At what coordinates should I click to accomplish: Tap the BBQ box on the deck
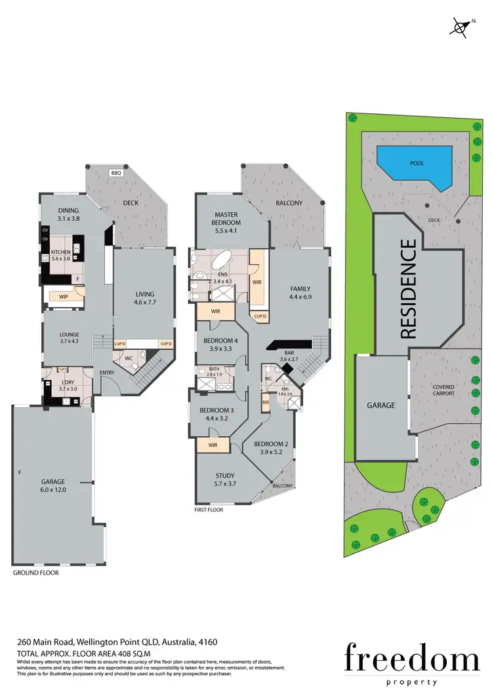[117, 173]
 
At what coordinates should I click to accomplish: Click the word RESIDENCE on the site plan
[407, 289]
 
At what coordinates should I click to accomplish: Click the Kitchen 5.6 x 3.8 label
[60, 255]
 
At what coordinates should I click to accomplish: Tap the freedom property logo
[412, 661]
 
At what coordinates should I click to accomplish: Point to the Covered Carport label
[443, 390]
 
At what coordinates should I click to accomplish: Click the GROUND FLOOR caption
[35, 573]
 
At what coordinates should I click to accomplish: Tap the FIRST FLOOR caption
[209, 509]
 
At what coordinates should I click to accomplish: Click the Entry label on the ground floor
[107, 373]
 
